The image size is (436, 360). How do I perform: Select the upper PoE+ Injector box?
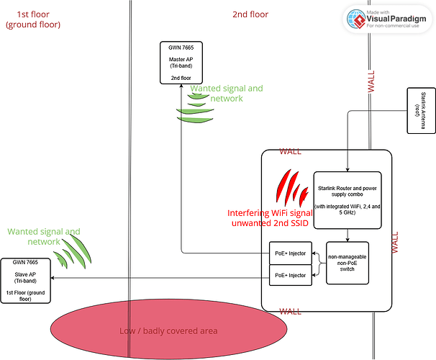(291, 253)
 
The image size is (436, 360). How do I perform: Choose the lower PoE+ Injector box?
(291, 275)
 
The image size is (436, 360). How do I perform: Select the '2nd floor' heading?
(250, 14)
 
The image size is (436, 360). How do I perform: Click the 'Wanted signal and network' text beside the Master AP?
(226, 93)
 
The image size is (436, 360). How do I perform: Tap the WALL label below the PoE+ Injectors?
(290, 312)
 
